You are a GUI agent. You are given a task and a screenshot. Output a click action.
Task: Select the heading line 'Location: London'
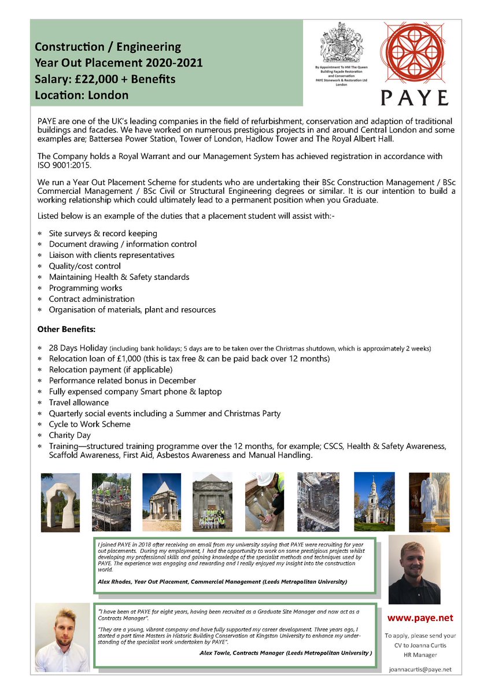tap(82, 95)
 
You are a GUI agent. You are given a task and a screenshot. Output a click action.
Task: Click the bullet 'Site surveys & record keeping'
tap(103, 233)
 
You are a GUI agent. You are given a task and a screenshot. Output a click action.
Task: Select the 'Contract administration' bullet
tap(91, 299)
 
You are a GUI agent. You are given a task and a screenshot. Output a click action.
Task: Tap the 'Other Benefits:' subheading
tap(66, 329)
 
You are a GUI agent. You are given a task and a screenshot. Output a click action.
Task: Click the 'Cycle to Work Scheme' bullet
tap(89, 424)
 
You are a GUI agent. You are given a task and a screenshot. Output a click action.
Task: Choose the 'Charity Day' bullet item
tap(69, 435)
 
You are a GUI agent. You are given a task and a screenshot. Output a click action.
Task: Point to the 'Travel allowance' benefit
tap(79, 402)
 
